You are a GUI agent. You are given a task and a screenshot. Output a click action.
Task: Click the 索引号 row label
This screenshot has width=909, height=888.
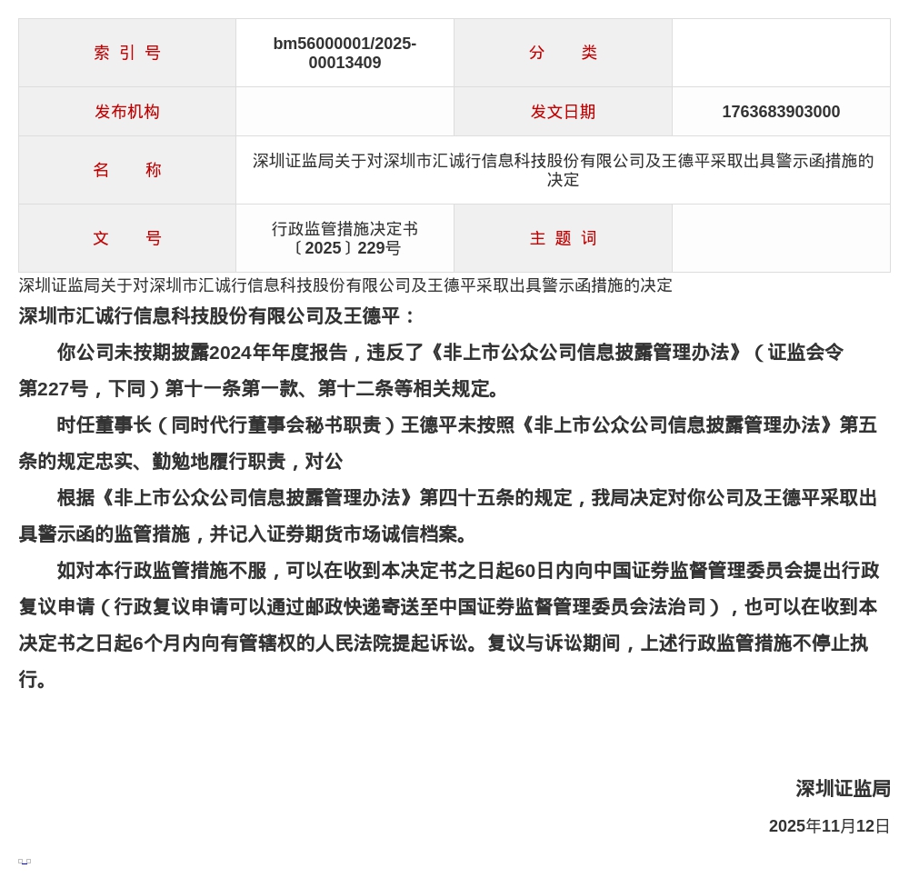click(x=127, y=53)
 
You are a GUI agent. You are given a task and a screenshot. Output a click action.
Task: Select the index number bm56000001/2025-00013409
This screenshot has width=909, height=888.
click(x=345, y=54)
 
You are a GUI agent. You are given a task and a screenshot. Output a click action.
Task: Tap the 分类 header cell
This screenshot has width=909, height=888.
click(x=563, y=53)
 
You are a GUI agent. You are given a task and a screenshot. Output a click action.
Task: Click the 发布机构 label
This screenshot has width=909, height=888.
click(x=127, y=112)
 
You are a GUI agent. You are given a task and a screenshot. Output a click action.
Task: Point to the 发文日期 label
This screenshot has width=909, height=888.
click(x=563, y=112)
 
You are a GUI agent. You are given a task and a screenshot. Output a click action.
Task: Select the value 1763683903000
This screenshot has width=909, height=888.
click(x=781, y=112)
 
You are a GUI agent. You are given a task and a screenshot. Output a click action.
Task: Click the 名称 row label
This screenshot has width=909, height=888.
click(x=127, y=170)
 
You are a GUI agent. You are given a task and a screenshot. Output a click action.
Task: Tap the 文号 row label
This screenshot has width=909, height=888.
click(x=127, y=238)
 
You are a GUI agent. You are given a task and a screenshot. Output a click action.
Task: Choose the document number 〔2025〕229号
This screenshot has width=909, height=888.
click(x=345, y=248)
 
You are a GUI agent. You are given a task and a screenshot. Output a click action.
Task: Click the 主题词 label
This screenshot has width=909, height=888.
click(x=563, y=238)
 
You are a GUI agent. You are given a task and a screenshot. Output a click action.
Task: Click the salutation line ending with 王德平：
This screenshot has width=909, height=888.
click(x=218, y=316)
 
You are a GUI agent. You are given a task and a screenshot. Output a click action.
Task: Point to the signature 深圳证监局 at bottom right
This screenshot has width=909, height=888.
click(x=843, y=789)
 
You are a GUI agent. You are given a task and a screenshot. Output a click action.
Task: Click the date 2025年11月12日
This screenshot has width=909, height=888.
click(x=829, y=826)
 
